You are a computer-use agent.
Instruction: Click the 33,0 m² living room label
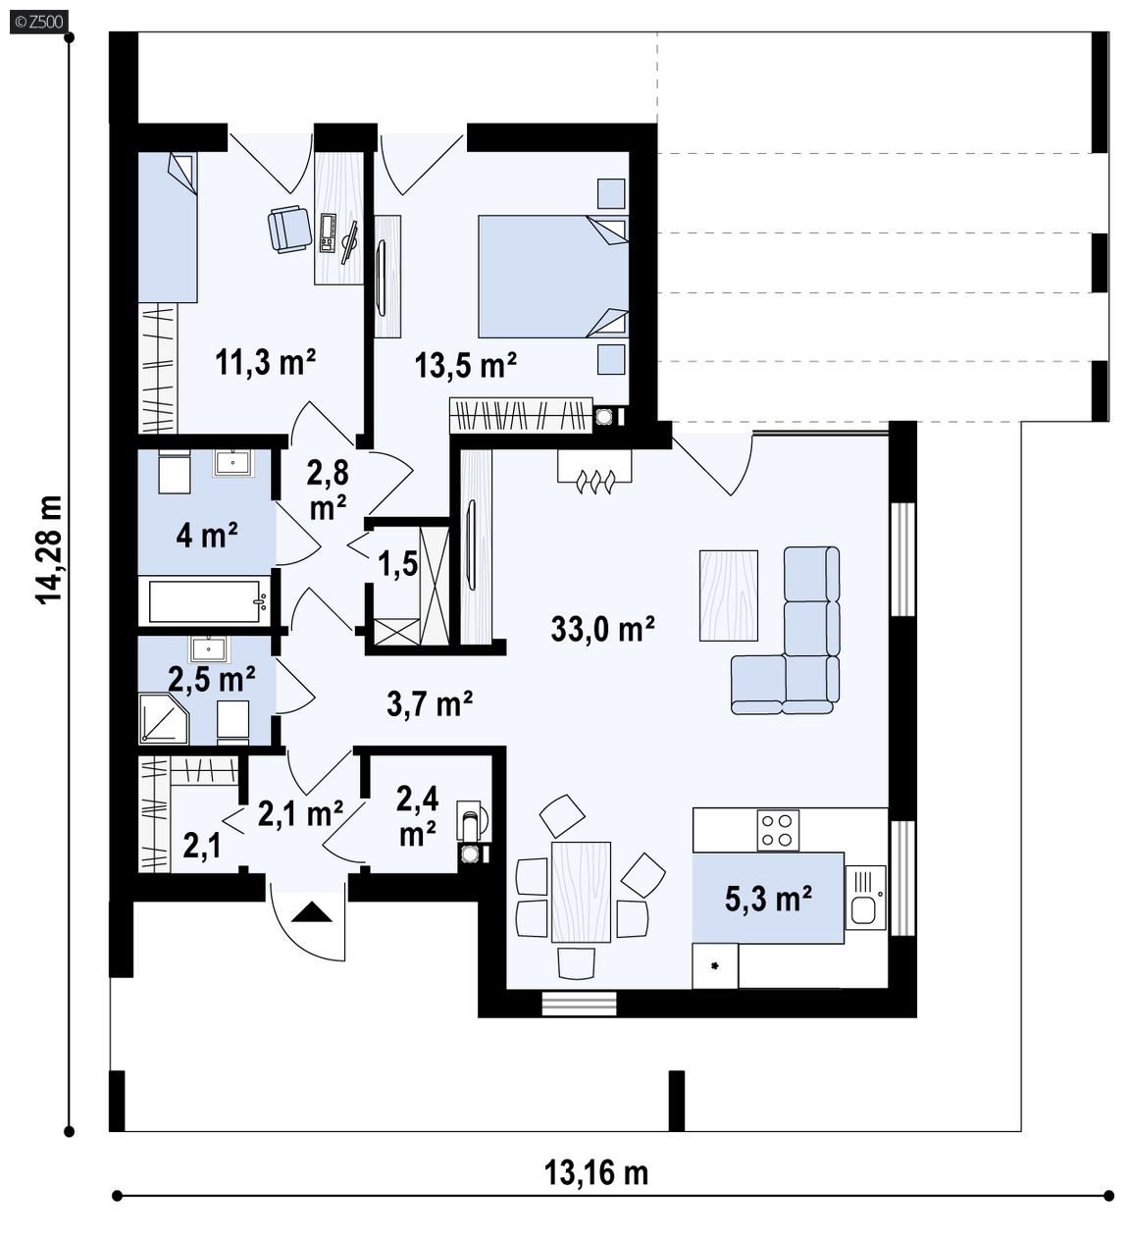[602, 629]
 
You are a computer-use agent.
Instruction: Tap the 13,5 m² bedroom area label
[465, 364]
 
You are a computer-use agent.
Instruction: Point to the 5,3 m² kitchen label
[768, 899]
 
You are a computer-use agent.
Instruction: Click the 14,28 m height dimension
[49, 550]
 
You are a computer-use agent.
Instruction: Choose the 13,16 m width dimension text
[596, 1172]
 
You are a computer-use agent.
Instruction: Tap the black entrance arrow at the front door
[311, 912]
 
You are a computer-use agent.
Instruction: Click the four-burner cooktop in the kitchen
[777, 830]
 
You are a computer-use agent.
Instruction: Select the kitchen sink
[864, 897]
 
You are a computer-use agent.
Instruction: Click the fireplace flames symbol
[594, 482]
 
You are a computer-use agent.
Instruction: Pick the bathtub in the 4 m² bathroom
[205, 600]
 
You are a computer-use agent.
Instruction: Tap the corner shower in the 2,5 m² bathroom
[164, 718]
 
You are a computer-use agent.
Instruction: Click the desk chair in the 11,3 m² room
[289, 229]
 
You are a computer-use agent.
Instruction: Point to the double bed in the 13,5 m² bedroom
[552, 276]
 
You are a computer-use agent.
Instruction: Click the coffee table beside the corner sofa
[729, 595]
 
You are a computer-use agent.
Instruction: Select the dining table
[581, 892]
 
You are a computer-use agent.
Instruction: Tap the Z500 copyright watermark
[39, 23]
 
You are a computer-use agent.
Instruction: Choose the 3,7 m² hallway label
[430, 703]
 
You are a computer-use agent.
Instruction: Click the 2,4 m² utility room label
[418, 815]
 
